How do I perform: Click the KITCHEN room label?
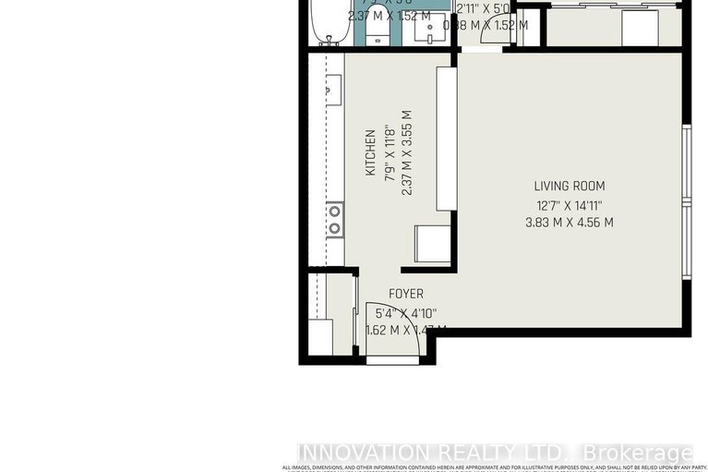pyautogui.click(x=369, y=153)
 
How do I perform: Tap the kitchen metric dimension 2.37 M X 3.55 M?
pyautogui.click(x=405, y=153)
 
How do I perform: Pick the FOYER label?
pyautogui.click(x=406, y=294)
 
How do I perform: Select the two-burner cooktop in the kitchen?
pyautogui.click(x=335, y=220)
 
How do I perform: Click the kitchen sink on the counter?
pyautogui.click(x=334, y=89)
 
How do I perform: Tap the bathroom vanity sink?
pyautogui.click(x=429, y=28)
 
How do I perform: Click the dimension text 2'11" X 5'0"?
pyautogui.click(x=482, y=9)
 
